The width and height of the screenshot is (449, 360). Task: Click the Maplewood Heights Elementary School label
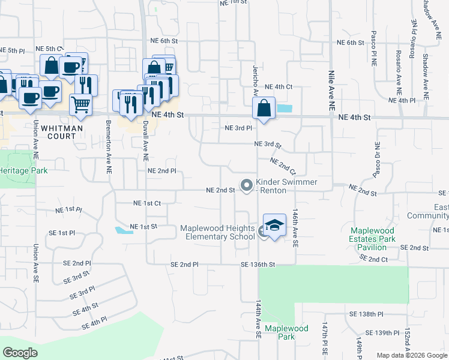pos(217,232)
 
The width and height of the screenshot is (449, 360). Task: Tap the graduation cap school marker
pos(274,226)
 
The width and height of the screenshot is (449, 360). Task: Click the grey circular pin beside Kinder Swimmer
pos(246,185)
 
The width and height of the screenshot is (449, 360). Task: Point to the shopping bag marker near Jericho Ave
pos(264,109)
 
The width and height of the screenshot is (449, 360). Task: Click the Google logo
pos(20,353)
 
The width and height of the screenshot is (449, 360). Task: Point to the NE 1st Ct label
pos(146,203)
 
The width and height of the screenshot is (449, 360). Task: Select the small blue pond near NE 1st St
pos(124,230)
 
